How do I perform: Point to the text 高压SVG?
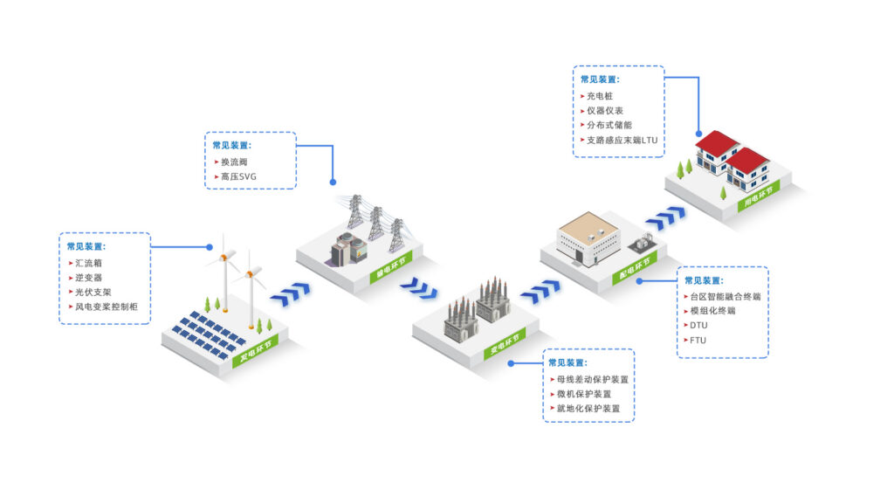coord(239,177)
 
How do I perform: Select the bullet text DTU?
coord(698,325)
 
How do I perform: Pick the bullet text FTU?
coord(698,340)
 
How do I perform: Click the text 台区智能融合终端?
coord(725,296)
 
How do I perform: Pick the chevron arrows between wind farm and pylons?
coord(290,294)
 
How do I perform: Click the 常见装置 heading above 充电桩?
coord(599,79)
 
